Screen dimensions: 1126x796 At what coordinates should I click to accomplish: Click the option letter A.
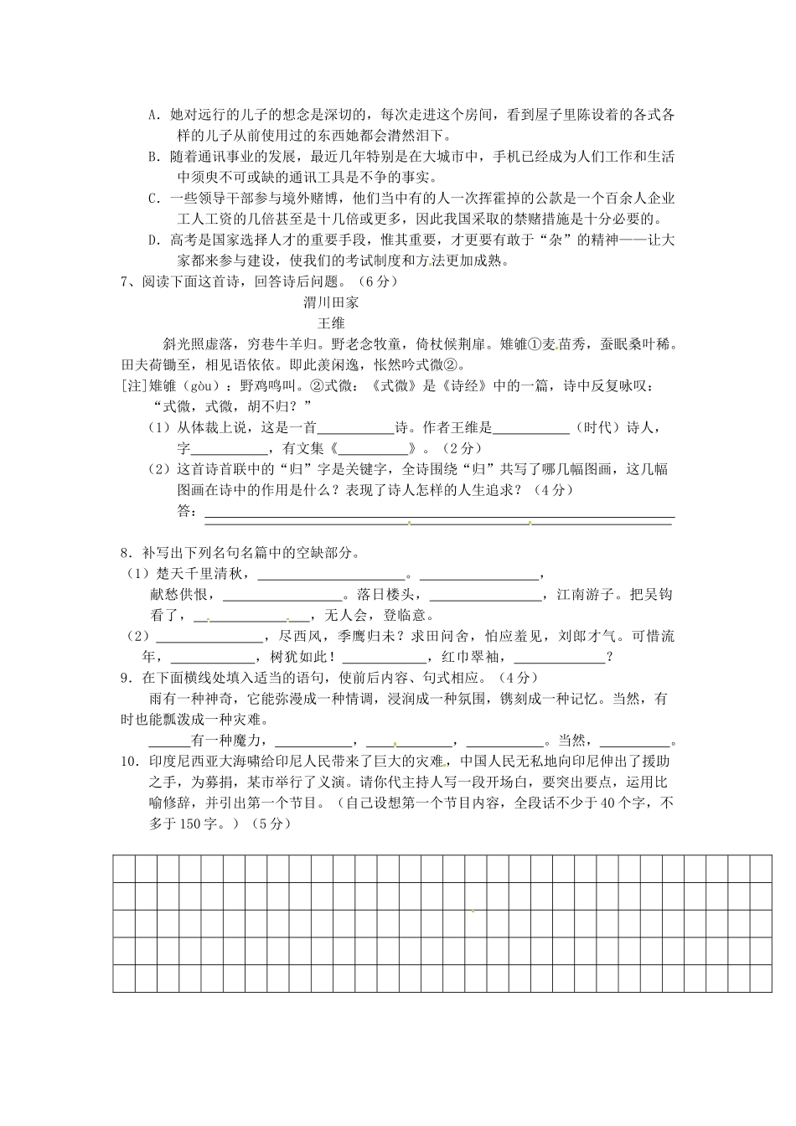point(152,115)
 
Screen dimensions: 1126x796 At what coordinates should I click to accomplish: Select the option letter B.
point(152,157)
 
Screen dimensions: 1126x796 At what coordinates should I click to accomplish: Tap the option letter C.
point(152,199)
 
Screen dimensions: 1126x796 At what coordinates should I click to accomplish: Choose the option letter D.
point(152,240)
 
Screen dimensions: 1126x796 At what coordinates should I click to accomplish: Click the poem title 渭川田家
point(331,303)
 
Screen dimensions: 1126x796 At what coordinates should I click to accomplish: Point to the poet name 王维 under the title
point(331,323)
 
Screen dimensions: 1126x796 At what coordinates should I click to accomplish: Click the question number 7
point(126,281)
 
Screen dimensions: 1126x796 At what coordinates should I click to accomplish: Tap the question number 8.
point(126,553)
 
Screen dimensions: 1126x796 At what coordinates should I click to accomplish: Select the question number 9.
point(126,678)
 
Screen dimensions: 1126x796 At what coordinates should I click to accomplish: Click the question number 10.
point(129,762)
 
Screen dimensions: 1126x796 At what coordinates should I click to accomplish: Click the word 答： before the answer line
point(188,511)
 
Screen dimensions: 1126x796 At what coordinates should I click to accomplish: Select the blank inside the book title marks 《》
point(374,449)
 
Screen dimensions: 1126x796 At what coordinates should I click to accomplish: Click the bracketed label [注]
point(134,386)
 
